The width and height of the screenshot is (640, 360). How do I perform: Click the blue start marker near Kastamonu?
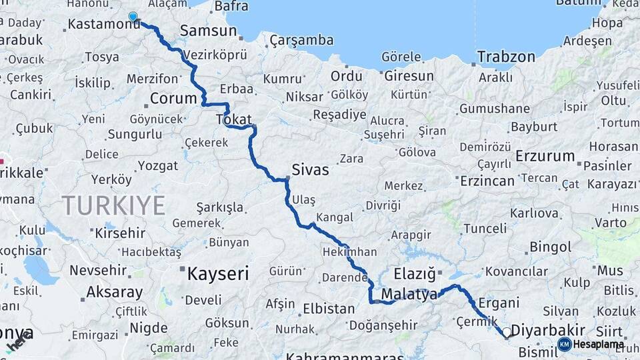pos(133,17)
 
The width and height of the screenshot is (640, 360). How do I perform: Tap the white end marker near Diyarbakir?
pos(507,332)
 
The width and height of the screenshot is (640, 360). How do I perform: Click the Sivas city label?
pos(310,170)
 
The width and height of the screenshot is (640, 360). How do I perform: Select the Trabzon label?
pos(506,57)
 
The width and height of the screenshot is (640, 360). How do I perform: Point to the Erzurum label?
pos(545,157)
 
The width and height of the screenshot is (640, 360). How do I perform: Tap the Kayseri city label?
pos(217,273)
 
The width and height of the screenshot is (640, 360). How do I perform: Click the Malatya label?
pos(409,294)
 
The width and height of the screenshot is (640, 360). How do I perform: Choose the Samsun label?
pos(208,30)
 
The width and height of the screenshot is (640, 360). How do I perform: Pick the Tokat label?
pos(233,119)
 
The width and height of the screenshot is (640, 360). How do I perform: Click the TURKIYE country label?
pos(113,205)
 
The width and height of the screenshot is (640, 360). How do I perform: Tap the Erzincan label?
pos(487,181)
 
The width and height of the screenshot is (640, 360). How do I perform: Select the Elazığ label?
pos(414,273)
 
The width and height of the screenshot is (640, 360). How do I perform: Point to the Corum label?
pos(173,99)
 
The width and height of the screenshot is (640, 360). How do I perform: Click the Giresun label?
pos(409,76)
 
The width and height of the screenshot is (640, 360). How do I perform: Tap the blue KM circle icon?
pos(564,345)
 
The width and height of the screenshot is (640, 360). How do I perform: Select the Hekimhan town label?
pos(350,252)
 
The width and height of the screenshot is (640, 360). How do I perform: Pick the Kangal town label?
pos(334,218)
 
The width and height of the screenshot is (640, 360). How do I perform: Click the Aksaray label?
pos(115,292)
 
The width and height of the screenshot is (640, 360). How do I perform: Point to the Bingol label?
pos(550,247)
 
